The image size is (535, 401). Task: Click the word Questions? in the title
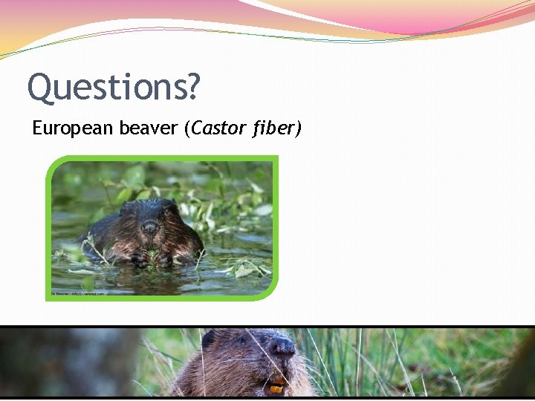pos(114,88)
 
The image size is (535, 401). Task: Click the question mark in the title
pos(193,86)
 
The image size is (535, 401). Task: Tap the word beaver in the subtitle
pos(148,128)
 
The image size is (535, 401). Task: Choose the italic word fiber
pos(273,128)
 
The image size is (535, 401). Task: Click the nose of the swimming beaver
pos(150,227)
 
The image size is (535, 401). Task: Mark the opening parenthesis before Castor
pos(187,128)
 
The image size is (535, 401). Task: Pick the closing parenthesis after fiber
pos(298,128)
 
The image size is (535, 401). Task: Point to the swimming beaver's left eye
pos(134,221)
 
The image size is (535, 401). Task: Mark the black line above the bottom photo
pos(267,327)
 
